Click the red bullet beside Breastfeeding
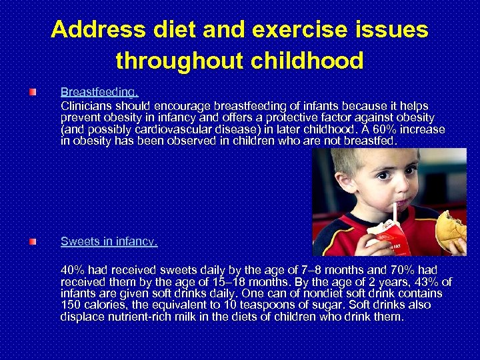[x=32, y=91]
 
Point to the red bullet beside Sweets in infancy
[x=32, y=241]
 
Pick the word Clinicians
[x=87, y=106]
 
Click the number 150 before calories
[x=71, y=305]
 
